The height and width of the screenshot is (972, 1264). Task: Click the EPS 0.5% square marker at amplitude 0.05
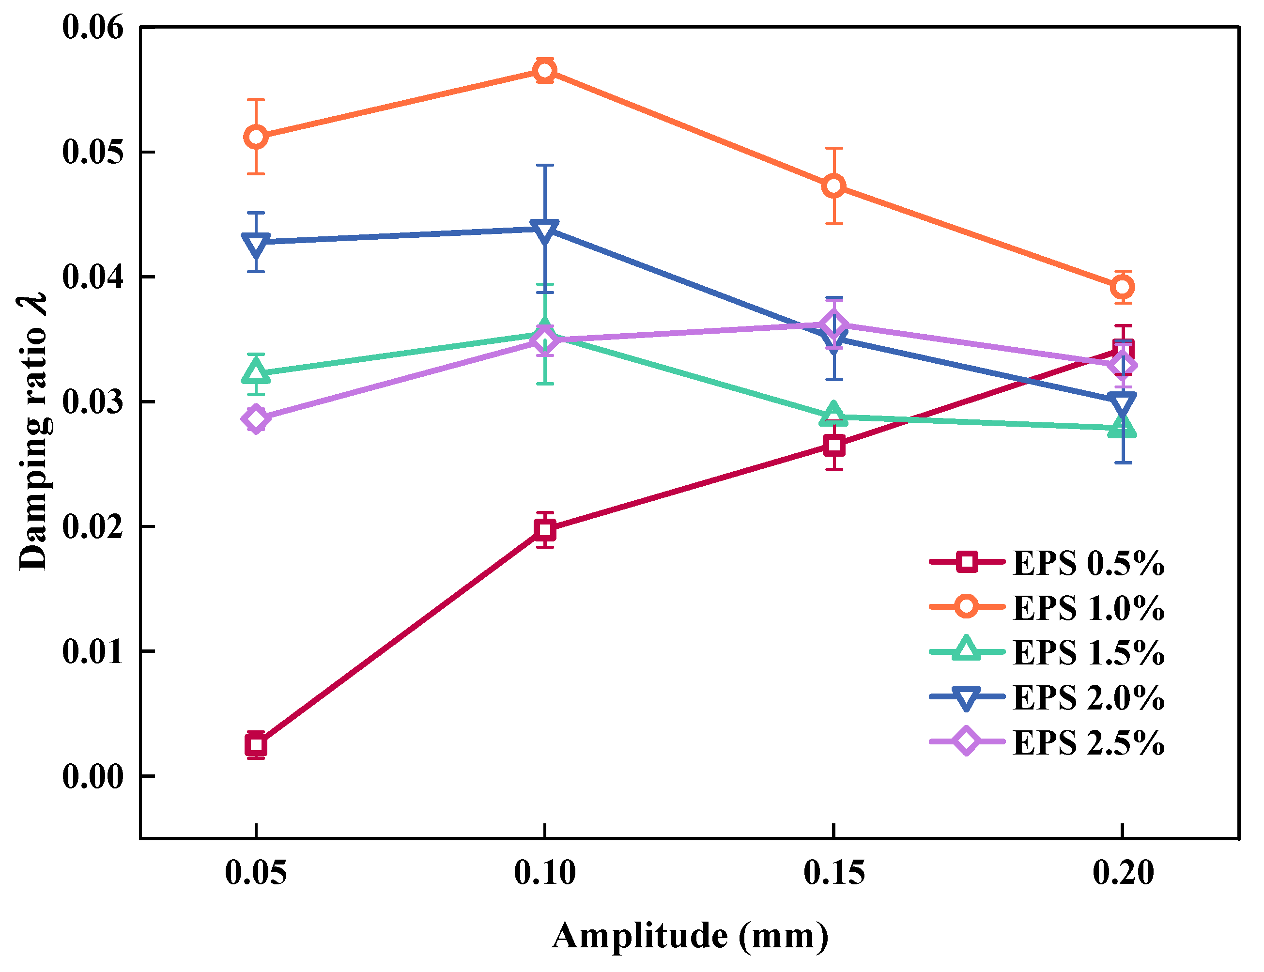pyautogui.click(x=256, y=745)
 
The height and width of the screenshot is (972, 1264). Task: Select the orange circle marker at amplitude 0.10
pyautogui.click(x=544, y=71)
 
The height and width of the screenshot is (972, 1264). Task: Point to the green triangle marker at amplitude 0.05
pyautogui.click(x=256, y=371)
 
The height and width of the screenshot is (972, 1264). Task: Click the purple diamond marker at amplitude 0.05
pyautogui.click(x=256, y=419)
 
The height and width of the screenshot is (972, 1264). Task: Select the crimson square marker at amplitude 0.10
pyautogui.click(x=544, y=529)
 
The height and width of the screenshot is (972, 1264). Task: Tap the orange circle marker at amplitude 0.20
pyautogui.click(x=1122, y=286)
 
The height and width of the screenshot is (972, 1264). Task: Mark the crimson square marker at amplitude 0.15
pyautogui.click(x=833, y=445)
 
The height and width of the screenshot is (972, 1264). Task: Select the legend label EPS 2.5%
pyautogui.click(x=1088, y=743)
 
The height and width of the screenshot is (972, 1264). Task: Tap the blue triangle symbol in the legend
pyautogui.click(x=966, y=698)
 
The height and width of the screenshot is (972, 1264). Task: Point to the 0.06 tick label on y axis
pyautogui.click(x=92, y=27)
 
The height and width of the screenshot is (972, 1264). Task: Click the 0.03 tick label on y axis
pyautogui.click(x=92, y=401)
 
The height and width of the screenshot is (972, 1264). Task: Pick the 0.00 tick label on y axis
pyautogui.click(x=92, y=776)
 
